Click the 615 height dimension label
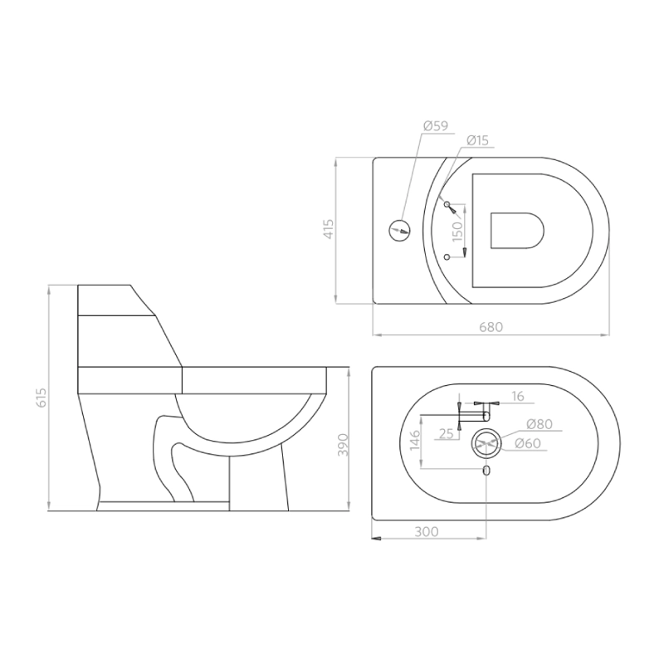coord(41,398)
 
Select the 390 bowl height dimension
coord(342,444)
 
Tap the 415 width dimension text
coord(329,229)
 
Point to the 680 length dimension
coord(491,327)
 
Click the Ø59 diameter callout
coord(435,126)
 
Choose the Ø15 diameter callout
coord(477,140)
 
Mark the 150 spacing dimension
coord(458,232)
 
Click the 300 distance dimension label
coord(426,531)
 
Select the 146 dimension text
coord(415,440)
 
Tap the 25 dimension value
coord(447,433)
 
